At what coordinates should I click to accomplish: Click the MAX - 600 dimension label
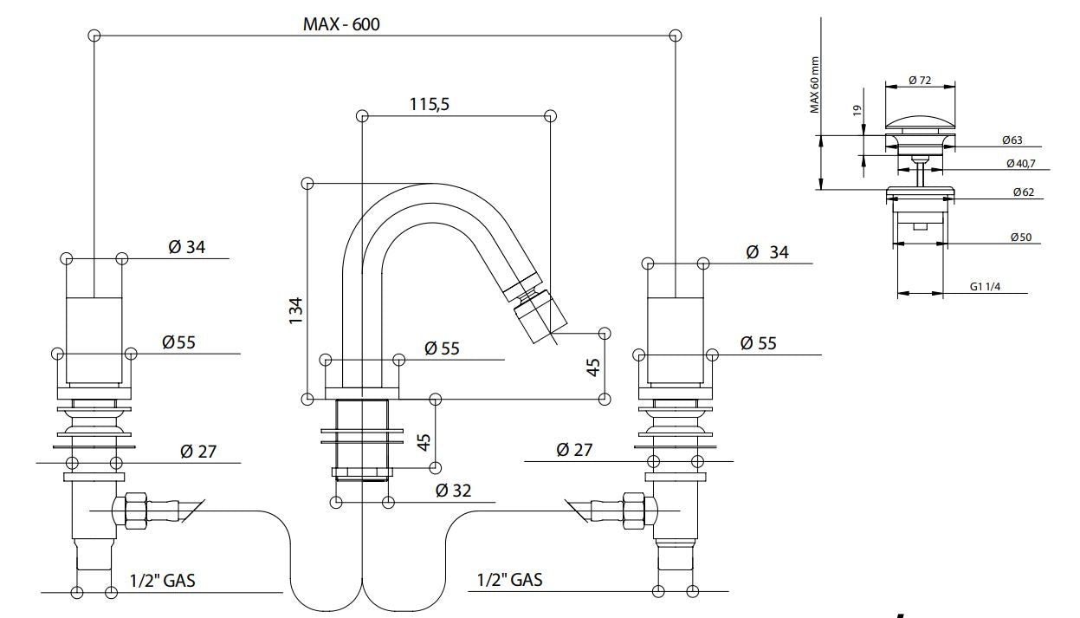point(340,23)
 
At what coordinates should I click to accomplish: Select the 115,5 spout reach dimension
point(430,104)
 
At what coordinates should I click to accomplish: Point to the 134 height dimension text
point(296,310)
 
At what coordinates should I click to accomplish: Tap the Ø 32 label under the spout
point(453,491)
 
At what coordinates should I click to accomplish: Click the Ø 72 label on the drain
point(920,80)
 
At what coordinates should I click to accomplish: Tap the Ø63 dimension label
point(1013,140)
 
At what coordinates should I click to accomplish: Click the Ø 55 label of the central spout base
point(442,348)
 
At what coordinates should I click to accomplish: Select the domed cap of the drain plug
point(921,120)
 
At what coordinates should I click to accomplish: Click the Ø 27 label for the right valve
point(574,450)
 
